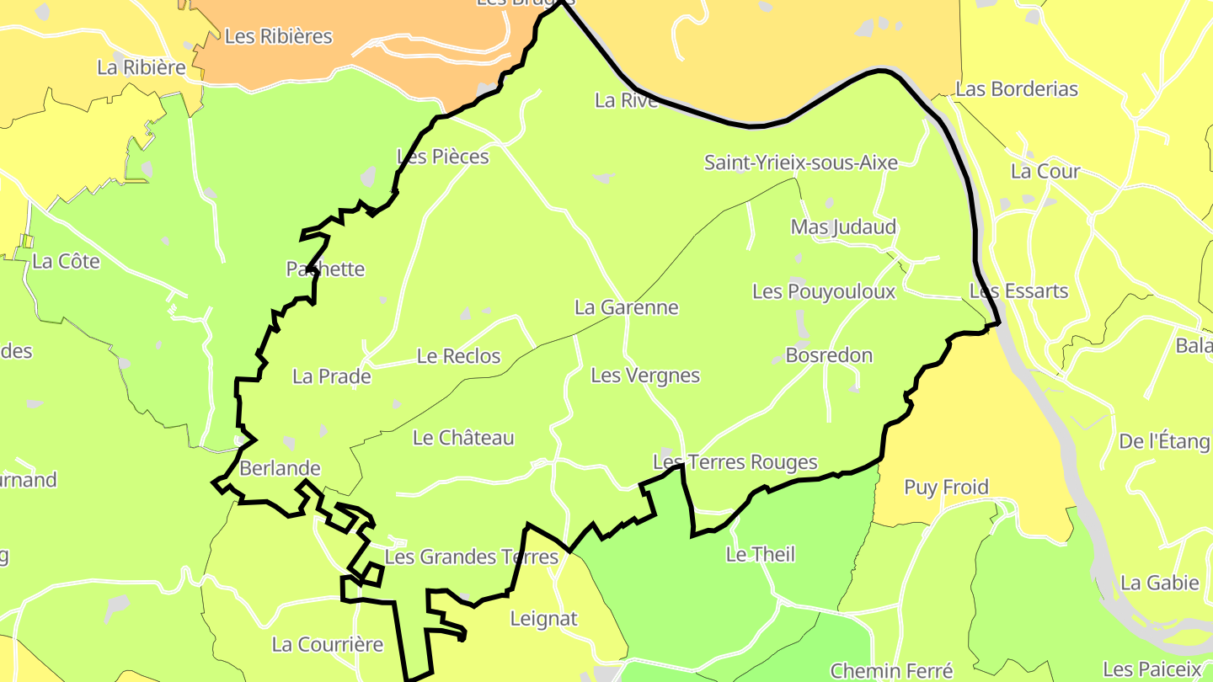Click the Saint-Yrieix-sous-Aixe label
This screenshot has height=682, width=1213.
(x=800, y=163)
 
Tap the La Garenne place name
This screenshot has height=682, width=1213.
(x=626, y=307)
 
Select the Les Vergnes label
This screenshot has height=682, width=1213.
(x=645, y=376)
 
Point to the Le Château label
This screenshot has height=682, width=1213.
(x=463, y=438)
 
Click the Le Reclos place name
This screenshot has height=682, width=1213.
(x=458, y=356)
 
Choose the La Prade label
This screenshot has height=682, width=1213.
(x=332, y=376)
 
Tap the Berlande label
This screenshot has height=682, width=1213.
(x=280, y=468)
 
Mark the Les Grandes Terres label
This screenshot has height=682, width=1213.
(x=471, y=557)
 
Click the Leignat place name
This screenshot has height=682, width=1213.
(x=544, y=619)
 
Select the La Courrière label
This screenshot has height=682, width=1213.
(x=327, y=645)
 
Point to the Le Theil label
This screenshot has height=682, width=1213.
(x=760, y=554)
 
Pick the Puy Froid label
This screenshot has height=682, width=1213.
(x=946, y=488)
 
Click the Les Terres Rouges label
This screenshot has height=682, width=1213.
(x=735, y=462)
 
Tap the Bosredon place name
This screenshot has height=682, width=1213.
(x=829, y=355)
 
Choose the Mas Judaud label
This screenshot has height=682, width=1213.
(x=843, y=227)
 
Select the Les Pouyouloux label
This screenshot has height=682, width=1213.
(x=823, y=291)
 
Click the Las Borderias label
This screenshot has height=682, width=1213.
(x=1017, y=89)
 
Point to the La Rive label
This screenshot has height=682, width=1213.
(x=626, y=100)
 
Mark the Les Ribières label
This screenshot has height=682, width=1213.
(x=278, y=36)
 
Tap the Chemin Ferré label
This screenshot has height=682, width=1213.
(x=891, y=671)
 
